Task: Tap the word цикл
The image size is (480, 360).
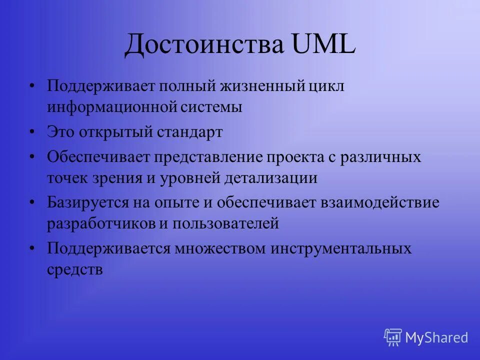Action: (327, 86)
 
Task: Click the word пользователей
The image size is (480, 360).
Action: (225, 223)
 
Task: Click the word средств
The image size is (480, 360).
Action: (75, 269)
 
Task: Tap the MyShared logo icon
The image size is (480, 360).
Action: (393, 337)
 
